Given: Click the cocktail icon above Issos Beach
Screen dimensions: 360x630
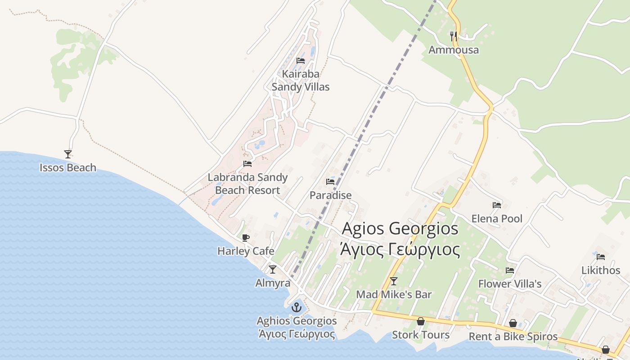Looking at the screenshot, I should pos(68,154).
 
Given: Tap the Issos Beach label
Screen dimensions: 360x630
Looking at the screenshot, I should pos(68,168).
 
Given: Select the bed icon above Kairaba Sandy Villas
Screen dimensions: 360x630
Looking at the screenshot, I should pos(301,61).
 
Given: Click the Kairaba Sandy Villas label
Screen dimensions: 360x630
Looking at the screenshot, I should pos(301,81).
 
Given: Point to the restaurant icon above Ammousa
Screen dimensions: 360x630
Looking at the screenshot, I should pos(454,36).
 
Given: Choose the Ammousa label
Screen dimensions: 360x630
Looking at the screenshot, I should pos(454,50).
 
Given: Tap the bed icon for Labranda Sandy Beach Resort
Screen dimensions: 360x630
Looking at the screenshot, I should pos(247,164).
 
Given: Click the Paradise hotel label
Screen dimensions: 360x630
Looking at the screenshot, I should pos(330,195).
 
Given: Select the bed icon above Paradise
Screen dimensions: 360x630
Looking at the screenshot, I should pos(330,182).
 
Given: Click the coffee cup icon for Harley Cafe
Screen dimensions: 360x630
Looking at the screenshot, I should pos(245,238).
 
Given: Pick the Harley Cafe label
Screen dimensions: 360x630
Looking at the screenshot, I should pos(246,251).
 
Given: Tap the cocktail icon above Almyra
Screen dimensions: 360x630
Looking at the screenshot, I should pos(273,270).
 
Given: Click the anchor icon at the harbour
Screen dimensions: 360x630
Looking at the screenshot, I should pos(296,308).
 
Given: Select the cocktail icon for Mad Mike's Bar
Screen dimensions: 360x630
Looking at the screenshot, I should pos(394,281).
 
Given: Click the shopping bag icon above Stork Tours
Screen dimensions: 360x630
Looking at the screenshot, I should pos(421,321).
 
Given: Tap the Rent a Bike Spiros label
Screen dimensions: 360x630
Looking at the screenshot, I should pos(513,337).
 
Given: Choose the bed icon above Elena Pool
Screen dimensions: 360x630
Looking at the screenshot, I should pos(497,205).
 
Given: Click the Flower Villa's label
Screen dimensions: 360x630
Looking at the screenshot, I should pos(510,284).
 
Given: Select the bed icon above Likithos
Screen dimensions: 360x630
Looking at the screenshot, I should pos(601,257).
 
